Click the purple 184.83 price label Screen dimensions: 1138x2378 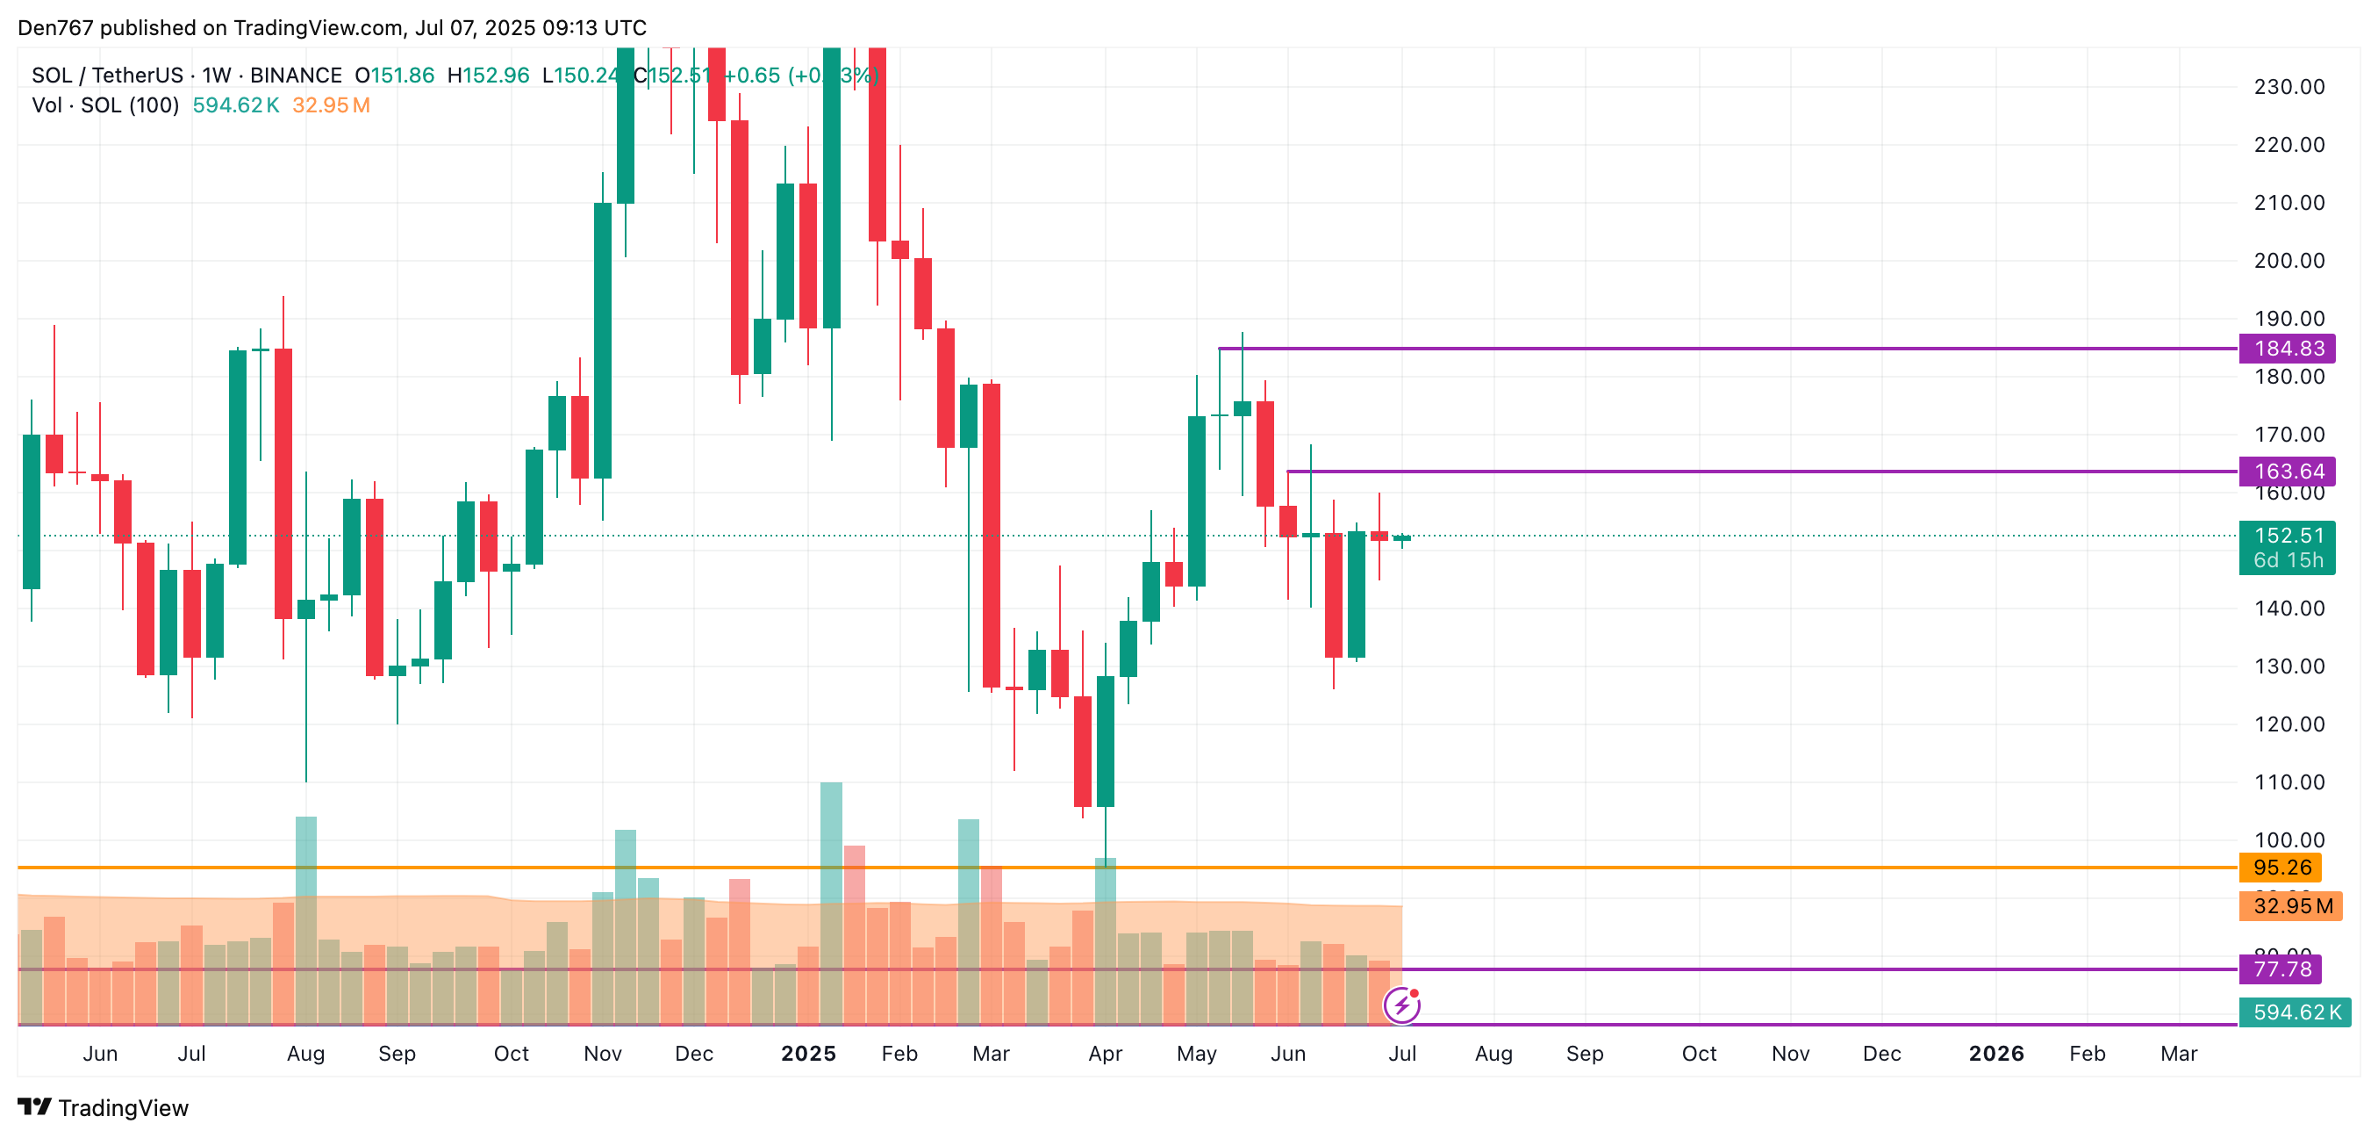click(x=2288, y=349)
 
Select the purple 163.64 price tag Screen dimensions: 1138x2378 click(x=2288, y=471)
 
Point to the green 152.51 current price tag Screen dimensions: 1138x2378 click(x=2288, y=536)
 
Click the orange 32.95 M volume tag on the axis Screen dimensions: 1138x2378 click(x=2291, y=905)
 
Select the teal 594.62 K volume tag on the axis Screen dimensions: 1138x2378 click(x=2295, y=1012)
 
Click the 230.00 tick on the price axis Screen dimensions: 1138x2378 click(x=2288, y=87)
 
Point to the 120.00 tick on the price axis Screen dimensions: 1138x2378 click(x=2288, y=724)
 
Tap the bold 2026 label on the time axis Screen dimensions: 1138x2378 click(x=1995, y=1054)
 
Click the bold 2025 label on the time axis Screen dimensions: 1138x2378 click(x=808, y=1054)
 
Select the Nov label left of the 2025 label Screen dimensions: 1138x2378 click(x=603, y=1054)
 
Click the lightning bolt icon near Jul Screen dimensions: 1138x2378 click(x=1401, y=1005)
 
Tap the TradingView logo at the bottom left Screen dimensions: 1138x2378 click(x=104, y=1107)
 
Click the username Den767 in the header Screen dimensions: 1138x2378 click(x=55, y=28)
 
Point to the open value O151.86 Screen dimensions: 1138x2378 click(x=394, y=76)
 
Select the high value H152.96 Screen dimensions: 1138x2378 click(x=489, y=76)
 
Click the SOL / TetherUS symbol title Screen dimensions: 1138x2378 click(x=107, y=76)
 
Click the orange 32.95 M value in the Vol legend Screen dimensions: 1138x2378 click(x=331, y=105)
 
